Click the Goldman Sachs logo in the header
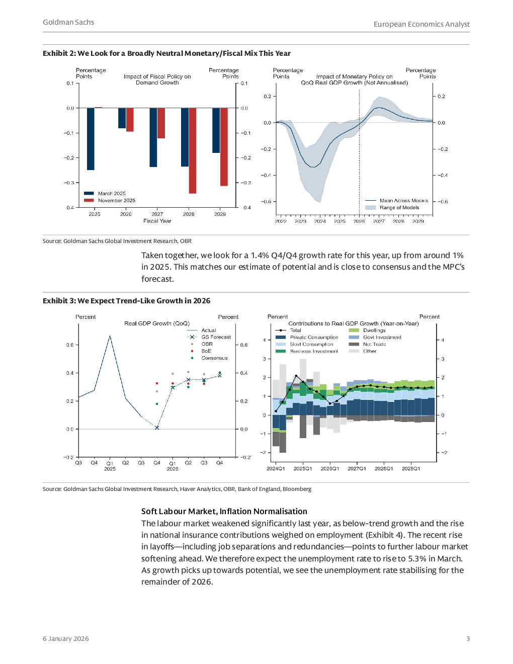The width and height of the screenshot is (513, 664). pos(68,22)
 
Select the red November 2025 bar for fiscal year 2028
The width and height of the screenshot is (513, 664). pos(192,150)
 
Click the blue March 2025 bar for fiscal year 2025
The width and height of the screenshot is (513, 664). pos(91,139)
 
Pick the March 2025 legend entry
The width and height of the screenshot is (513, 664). pos(112,193)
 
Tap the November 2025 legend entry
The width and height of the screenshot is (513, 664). pos(116,200)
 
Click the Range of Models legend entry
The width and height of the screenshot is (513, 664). pos(399,207)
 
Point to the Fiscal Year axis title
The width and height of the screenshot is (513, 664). pos(157,221)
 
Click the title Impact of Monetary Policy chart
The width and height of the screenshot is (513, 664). pos(354,79)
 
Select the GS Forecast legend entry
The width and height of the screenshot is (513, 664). pos(216,337)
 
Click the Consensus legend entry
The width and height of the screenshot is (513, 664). pos(214,358)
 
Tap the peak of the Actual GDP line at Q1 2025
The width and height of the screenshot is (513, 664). pos(110,336)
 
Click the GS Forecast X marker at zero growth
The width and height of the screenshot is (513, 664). pos(157,428)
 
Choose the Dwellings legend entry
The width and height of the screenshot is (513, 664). pos(374,330)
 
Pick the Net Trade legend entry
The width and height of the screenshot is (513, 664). pos(374,344)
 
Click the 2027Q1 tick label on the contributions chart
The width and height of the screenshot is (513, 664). pos(357,468)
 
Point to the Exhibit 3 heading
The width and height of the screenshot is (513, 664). pos(126,301)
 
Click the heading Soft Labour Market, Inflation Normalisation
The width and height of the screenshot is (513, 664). pos(224,511)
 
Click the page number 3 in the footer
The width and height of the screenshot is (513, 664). pos(468,639)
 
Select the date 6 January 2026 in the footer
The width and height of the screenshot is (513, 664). pos(65,639)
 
